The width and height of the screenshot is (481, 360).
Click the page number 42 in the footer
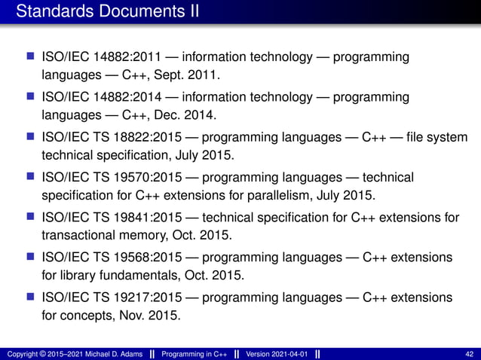coord(470,353)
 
